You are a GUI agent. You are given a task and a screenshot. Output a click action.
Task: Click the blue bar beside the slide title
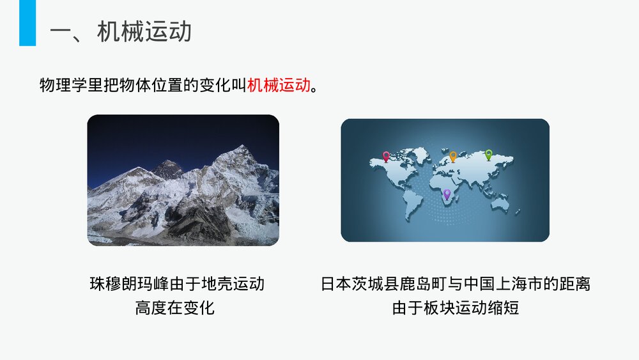coord(27,23)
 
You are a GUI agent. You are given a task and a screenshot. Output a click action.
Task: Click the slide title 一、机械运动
coord(121,31)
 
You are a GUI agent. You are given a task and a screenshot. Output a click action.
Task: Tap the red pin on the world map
coord(386,155)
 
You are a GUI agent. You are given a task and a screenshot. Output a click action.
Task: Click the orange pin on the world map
coord(453,155)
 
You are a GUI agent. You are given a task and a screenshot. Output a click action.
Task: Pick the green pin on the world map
coord(489,154)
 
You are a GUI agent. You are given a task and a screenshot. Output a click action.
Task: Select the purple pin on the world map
coord(447,193)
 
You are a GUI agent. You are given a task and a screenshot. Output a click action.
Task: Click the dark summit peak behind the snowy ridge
coord(168,168)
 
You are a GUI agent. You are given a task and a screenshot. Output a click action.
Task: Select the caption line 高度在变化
coord(174,308)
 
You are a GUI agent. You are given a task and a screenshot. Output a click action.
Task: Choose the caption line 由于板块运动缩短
coord(455,308)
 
